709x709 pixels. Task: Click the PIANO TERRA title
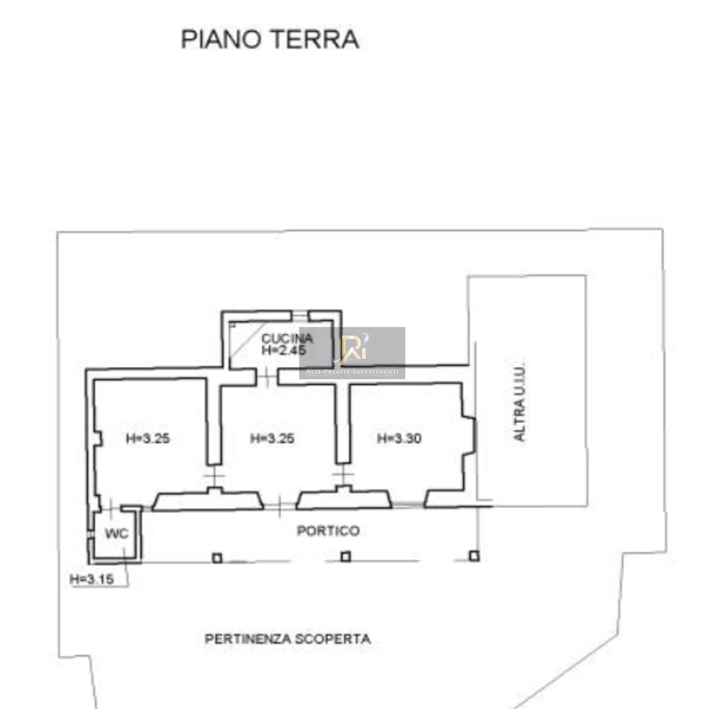click(x=270, y=39)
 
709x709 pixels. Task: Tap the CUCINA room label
click(x=287, y=339)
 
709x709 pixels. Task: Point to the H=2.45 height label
click(x=284, y=350)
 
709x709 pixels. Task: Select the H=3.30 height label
click(x=399, y=439)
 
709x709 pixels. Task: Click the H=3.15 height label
click(x=92, y=579)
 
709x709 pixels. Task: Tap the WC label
click(x=117, y=533)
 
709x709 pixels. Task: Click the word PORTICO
click(x=328, y=531)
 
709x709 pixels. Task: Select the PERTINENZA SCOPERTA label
click(x=288, y=639)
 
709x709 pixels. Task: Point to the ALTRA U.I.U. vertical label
click(x=519, y=402)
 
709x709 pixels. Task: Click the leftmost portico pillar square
click(x=217, y=557)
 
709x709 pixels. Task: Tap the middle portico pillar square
click(x=346, y=557)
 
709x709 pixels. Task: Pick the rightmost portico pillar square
click(x=475, y=556)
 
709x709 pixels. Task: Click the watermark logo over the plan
click(x=352, y=353)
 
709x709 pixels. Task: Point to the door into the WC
click(x=110, y=507)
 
